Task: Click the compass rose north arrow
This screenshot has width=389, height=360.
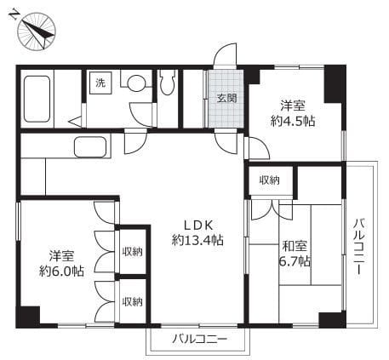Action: (37, 32)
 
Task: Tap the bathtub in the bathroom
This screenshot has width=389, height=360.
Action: (37, 99)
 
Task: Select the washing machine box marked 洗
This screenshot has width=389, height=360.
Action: (100, 83)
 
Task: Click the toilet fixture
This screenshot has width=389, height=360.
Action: (167, 83)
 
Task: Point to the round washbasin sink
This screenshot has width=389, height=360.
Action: (136, 83)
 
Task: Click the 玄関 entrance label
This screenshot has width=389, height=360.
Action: (226, 98)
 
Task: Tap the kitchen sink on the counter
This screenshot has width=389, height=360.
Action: (90, 147)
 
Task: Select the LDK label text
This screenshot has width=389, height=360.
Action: (198, 226)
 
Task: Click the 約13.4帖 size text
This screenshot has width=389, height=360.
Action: (197, 241)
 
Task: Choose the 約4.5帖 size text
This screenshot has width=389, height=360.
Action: (293, 122)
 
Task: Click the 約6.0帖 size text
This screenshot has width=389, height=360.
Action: (61, 271)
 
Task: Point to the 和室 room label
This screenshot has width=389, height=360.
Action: (295, 246)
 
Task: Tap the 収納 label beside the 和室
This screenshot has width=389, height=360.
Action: (269, 180)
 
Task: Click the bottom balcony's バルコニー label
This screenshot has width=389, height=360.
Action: (200, 339)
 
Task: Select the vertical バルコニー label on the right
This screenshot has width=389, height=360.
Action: (359, 246)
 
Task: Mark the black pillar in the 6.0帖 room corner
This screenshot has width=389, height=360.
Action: (28, 317)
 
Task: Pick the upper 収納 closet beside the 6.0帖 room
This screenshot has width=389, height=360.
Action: (133, 251)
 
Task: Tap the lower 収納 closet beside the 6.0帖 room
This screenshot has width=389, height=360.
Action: (133, 301)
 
